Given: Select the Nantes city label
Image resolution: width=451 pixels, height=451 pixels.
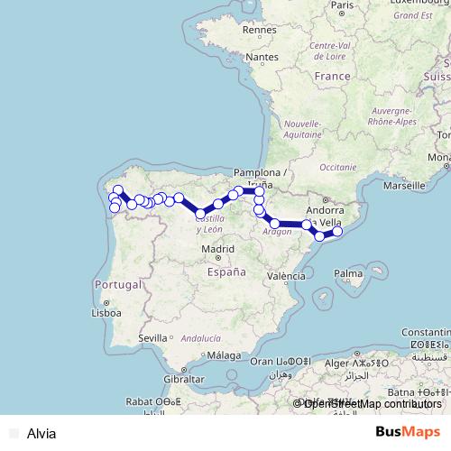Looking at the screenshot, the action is coord(262,57).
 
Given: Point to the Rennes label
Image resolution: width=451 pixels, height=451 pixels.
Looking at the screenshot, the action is coord(258,29).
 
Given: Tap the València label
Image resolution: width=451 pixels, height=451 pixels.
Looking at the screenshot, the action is coord(286,276).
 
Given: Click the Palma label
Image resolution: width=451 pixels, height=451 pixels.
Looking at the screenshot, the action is coord(348,272).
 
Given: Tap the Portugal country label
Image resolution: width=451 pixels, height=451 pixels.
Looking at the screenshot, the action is coord(118,284).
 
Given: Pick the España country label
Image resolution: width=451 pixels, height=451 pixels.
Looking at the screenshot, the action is coord(225,271).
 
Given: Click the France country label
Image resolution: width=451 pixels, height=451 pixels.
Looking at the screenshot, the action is coord(332,77).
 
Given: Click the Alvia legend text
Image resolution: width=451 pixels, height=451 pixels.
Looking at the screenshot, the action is coord(41,433).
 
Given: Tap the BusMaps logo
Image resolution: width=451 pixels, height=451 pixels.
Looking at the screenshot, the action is coord(408,432).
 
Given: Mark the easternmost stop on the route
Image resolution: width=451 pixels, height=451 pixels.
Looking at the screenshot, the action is coord(338,232).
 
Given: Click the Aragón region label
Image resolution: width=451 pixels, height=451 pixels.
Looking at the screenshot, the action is coord(277,232).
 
